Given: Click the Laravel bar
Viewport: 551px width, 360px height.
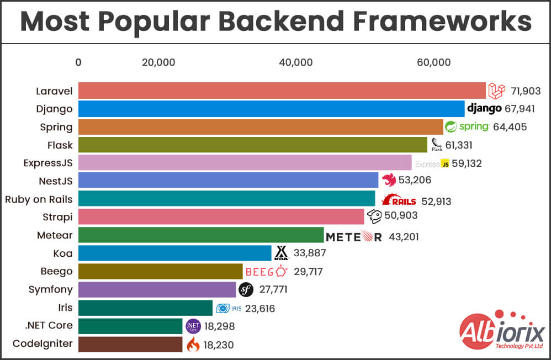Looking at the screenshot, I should tap(282, 91).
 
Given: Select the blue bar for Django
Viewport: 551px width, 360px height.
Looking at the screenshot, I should tap(271, 109).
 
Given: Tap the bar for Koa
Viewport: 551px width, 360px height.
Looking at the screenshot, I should tap(174, 253).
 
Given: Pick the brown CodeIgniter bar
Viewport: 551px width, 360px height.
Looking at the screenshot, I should tap(130, 345).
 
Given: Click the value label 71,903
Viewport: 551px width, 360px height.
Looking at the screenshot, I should tap(525, 91).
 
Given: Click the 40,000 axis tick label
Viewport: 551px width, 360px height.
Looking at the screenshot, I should tap(295, 62).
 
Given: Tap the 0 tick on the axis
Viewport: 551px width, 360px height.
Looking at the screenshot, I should tap(78, 62).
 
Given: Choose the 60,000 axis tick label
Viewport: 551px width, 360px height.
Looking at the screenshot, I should tap(434, 62).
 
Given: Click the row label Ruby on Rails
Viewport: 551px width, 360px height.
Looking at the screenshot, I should tap(39, 199).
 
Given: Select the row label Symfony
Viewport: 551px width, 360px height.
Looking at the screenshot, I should tap(50, 289).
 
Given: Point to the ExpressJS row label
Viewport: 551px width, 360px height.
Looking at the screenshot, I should tap(47, 163).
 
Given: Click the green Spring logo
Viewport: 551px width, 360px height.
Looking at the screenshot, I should tap(467, 126).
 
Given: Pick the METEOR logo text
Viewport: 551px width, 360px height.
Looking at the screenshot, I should tap(353, 237).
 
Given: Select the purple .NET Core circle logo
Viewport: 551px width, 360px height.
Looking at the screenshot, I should tap(193, 326).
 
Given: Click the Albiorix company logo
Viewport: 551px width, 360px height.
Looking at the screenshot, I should tap(502, 332).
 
